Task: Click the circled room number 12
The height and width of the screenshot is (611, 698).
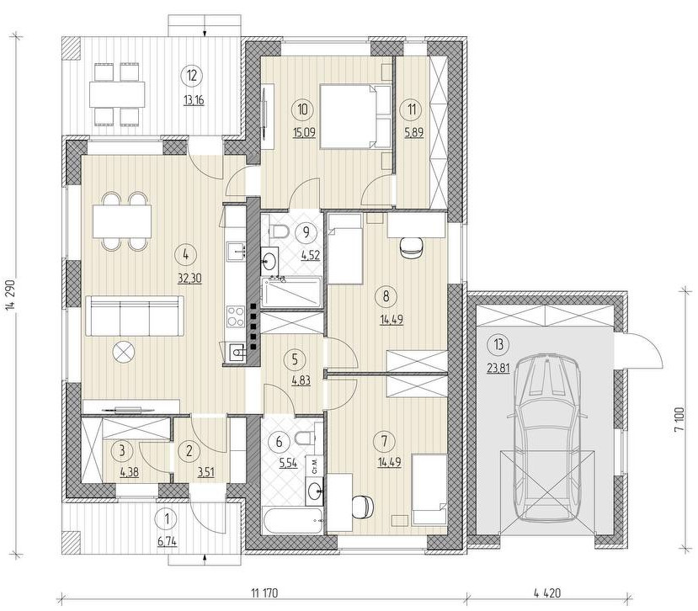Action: tap(192, 75)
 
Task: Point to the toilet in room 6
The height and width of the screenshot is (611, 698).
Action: tap(305, 438)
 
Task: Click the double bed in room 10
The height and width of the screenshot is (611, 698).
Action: tap(355, 117)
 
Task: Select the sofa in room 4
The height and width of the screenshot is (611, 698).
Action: tap(134, 316)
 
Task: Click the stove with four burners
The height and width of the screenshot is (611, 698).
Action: tap(236, 316)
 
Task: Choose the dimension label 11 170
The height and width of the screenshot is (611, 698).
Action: tap(264, 593)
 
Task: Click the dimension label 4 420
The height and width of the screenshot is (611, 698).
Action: tap(546, 593)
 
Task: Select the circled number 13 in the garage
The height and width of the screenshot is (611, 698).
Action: tap(498, 344)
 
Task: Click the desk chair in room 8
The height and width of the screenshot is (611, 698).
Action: tap(412, 247)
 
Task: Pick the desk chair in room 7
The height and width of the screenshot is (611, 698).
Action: tap(362, 507)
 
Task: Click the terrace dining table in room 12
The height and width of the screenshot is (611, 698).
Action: tap(118, 94)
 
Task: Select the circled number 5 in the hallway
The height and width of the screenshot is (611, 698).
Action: tap(294, 359)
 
